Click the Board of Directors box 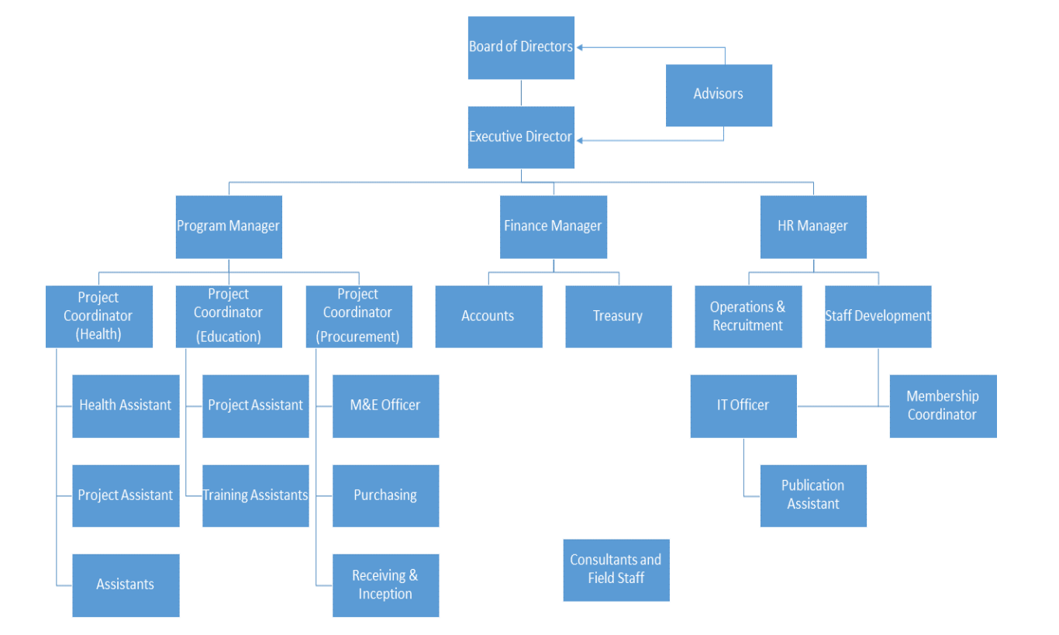[521, 47]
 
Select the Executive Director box [521, 137]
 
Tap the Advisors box [719, 95]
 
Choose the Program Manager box [229, 226]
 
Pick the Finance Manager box [553, 226]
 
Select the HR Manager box [812, 226]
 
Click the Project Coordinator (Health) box [98, 316]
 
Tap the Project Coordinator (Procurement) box [358, 316]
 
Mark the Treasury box [618, 316]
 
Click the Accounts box [488, 316]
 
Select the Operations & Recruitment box [747, 316]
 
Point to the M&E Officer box [385, 406]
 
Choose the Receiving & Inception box [385, 585]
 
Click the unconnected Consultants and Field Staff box [616, 570]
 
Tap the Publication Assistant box [812, 495]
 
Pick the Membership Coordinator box [943, 406]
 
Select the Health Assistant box [126, 406]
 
